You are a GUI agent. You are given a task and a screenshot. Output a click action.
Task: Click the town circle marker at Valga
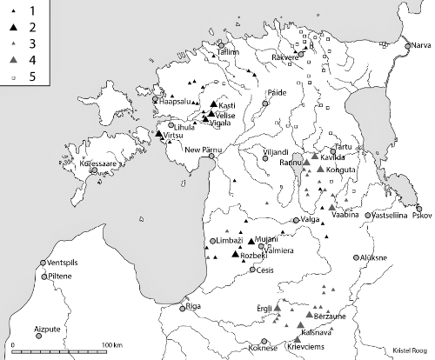297,221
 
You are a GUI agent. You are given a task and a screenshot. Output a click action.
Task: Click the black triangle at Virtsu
158,135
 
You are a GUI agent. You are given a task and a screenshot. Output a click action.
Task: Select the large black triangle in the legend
11,30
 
